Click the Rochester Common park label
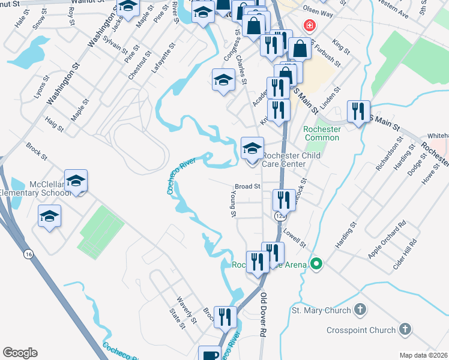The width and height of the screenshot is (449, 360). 322,133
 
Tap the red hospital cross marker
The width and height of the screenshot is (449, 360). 309,26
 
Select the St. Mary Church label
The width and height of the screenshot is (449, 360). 321,310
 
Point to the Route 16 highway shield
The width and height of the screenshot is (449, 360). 28,254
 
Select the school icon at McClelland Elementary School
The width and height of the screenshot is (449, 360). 76,181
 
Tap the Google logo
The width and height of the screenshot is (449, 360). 20,353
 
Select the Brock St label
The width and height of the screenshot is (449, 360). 36,150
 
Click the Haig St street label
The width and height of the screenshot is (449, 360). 53,124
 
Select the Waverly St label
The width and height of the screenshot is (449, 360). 187,310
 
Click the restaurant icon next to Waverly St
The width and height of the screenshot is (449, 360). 226,317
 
